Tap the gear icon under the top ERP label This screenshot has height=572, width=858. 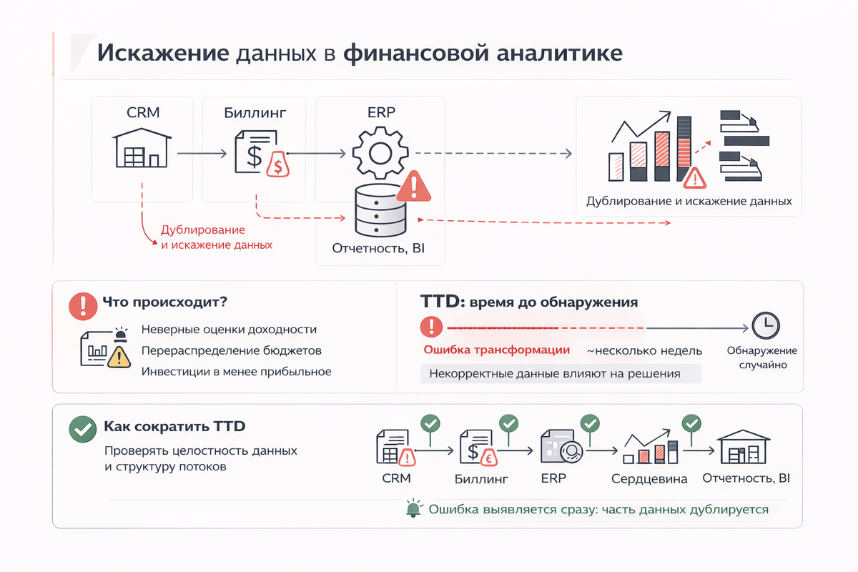pos(380,152)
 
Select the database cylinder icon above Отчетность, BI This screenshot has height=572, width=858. pos(380,210)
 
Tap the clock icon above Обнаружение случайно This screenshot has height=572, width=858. pos(764,326)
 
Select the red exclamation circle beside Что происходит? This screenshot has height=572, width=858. pos(82,306)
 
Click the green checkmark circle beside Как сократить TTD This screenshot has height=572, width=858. pos(82,428)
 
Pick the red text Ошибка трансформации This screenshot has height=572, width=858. pos(497,350)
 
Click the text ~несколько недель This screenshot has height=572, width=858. pos(644,351)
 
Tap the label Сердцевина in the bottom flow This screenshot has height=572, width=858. pos(649,479)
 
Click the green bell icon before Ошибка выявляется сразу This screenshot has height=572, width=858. pos(413,509)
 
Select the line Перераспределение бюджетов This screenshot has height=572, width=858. pos(232,351)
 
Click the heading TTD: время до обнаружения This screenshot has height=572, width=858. pos(528,302)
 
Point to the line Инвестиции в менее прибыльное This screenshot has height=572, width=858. pos(237,372)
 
